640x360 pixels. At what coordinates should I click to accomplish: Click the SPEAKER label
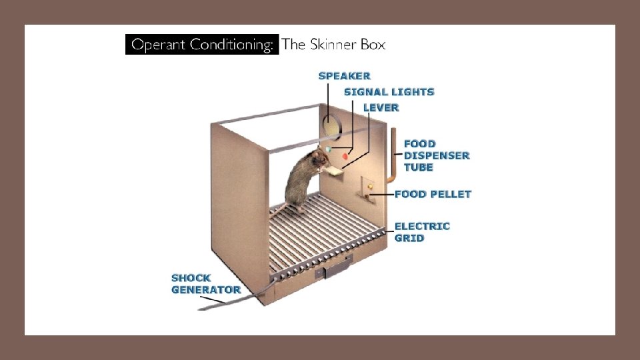click(344, 76)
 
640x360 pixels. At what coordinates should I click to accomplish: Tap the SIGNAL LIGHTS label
click(389, 92)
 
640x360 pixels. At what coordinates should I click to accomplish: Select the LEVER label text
click(381, 107)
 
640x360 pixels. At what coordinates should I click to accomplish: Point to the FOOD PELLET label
click(433, 194)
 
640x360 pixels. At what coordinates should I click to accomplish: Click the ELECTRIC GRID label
click(422, 232)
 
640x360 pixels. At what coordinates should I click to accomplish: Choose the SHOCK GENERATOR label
click(205, 284)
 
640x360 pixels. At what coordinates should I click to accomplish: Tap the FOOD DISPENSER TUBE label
click(436, 155)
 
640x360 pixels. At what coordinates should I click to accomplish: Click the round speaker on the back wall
click(330, 123)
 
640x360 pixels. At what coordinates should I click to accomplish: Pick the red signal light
click(345, 156)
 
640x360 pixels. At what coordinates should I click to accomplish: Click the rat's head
click(319, 159)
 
